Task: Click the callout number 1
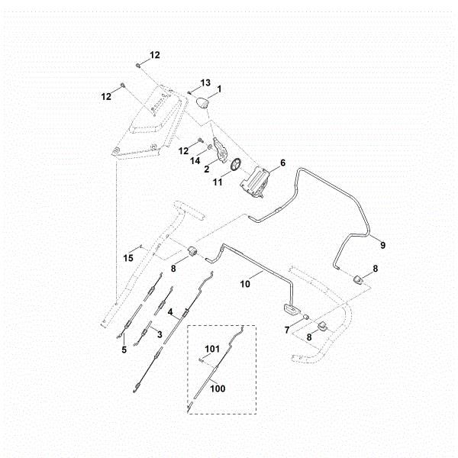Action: coord(219,89)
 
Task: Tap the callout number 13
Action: coord(205,82)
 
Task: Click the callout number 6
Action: coord(282,163)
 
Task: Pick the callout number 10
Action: coord(245,282)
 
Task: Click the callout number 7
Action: coord(288,329)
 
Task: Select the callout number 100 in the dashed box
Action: coord(218,388)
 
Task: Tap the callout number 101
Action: coord(213,350)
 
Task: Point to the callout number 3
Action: coord(159,334)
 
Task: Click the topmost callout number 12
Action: coord(155,55)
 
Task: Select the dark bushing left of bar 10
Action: coord(194,251)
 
